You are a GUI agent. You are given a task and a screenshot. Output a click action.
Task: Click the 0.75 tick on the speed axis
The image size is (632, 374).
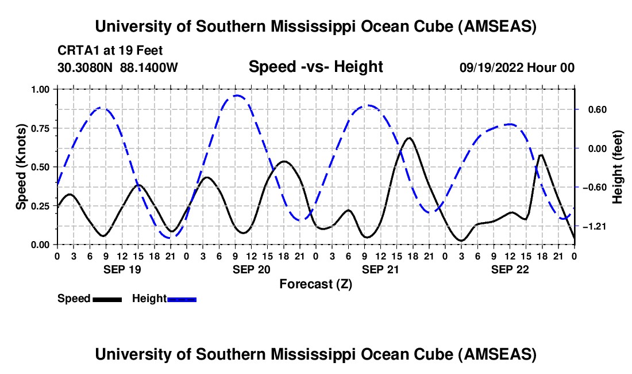[39, 128]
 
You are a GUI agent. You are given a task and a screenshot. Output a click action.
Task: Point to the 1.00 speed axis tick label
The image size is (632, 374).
[39, 89]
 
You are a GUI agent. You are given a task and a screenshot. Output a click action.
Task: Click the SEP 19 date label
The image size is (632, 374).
[121, 269]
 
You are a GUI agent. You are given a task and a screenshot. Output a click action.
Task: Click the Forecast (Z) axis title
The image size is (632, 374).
[315, 284]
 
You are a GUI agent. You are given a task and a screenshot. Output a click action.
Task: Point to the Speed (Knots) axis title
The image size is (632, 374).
[21, 166]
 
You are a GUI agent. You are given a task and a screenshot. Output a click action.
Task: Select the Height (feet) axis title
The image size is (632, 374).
[618, 167]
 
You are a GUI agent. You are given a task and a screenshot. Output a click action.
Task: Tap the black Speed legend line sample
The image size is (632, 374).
[107, 299]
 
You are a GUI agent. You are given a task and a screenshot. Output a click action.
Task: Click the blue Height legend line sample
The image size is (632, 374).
[182, 299]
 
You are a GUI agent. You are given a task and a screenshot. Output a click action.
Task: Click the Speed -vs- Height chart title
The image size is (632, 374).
[315, 67]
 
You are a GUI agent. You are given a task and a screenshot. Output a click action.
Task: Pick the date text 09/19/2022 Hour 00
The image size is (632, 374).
[517, 68]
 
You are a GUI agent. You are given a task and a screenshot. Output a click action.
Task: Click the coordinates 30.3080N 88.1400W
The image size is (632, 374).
[118, 68]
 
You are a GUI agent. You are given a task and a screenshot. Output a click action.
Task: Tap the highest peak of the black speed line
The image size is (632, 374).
[409, 138]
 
